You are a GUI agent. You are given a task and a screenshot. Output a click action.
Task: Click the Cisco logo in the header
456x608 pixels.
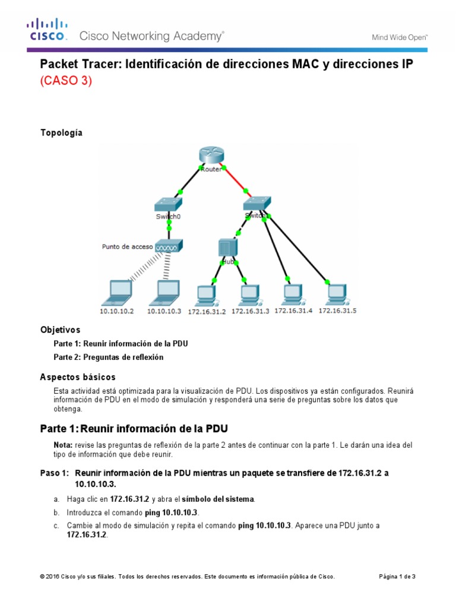[x=47, y=30]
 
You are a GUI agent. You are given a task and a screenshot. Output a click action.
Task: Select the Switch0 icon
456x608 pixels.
[x=169, y=205]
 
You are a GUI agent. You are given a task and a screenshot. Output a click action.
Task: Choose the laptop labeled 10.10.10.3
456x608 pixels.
[x=165, y=291]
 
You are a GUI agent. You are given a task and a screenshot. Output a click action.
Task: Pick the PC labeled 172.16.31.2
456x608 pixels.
[x=206, y=294]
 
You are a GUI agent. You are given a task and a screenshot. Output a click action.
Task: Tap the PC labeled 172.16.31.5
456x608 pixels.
[x=337, y=293]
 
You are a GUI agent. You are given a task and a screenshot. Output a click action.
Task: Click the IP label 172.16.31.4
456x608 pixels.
[x=293, y=310]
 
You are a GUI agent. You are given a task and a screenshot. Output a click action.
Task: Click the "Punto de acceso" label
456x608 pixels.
[x=128, y=246]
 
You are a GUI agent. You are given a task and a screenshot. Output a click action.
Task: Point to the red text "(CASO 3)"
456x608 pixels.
[x=66, y=82]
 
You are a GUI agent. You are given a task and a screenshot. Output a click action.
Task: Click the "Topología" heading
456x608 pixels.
[x=61, y=132]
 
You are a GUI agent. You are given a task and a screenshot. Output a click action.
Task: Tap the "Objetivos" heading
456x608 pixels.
[x=60, y=329]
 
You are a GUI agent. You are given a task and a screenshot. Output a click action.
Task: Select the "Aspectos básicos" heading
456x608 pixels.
[x=78, y=377]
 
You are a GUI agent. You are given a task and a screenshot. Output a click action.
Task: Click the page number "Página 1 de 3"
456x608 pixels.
[x=397, y=577]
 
